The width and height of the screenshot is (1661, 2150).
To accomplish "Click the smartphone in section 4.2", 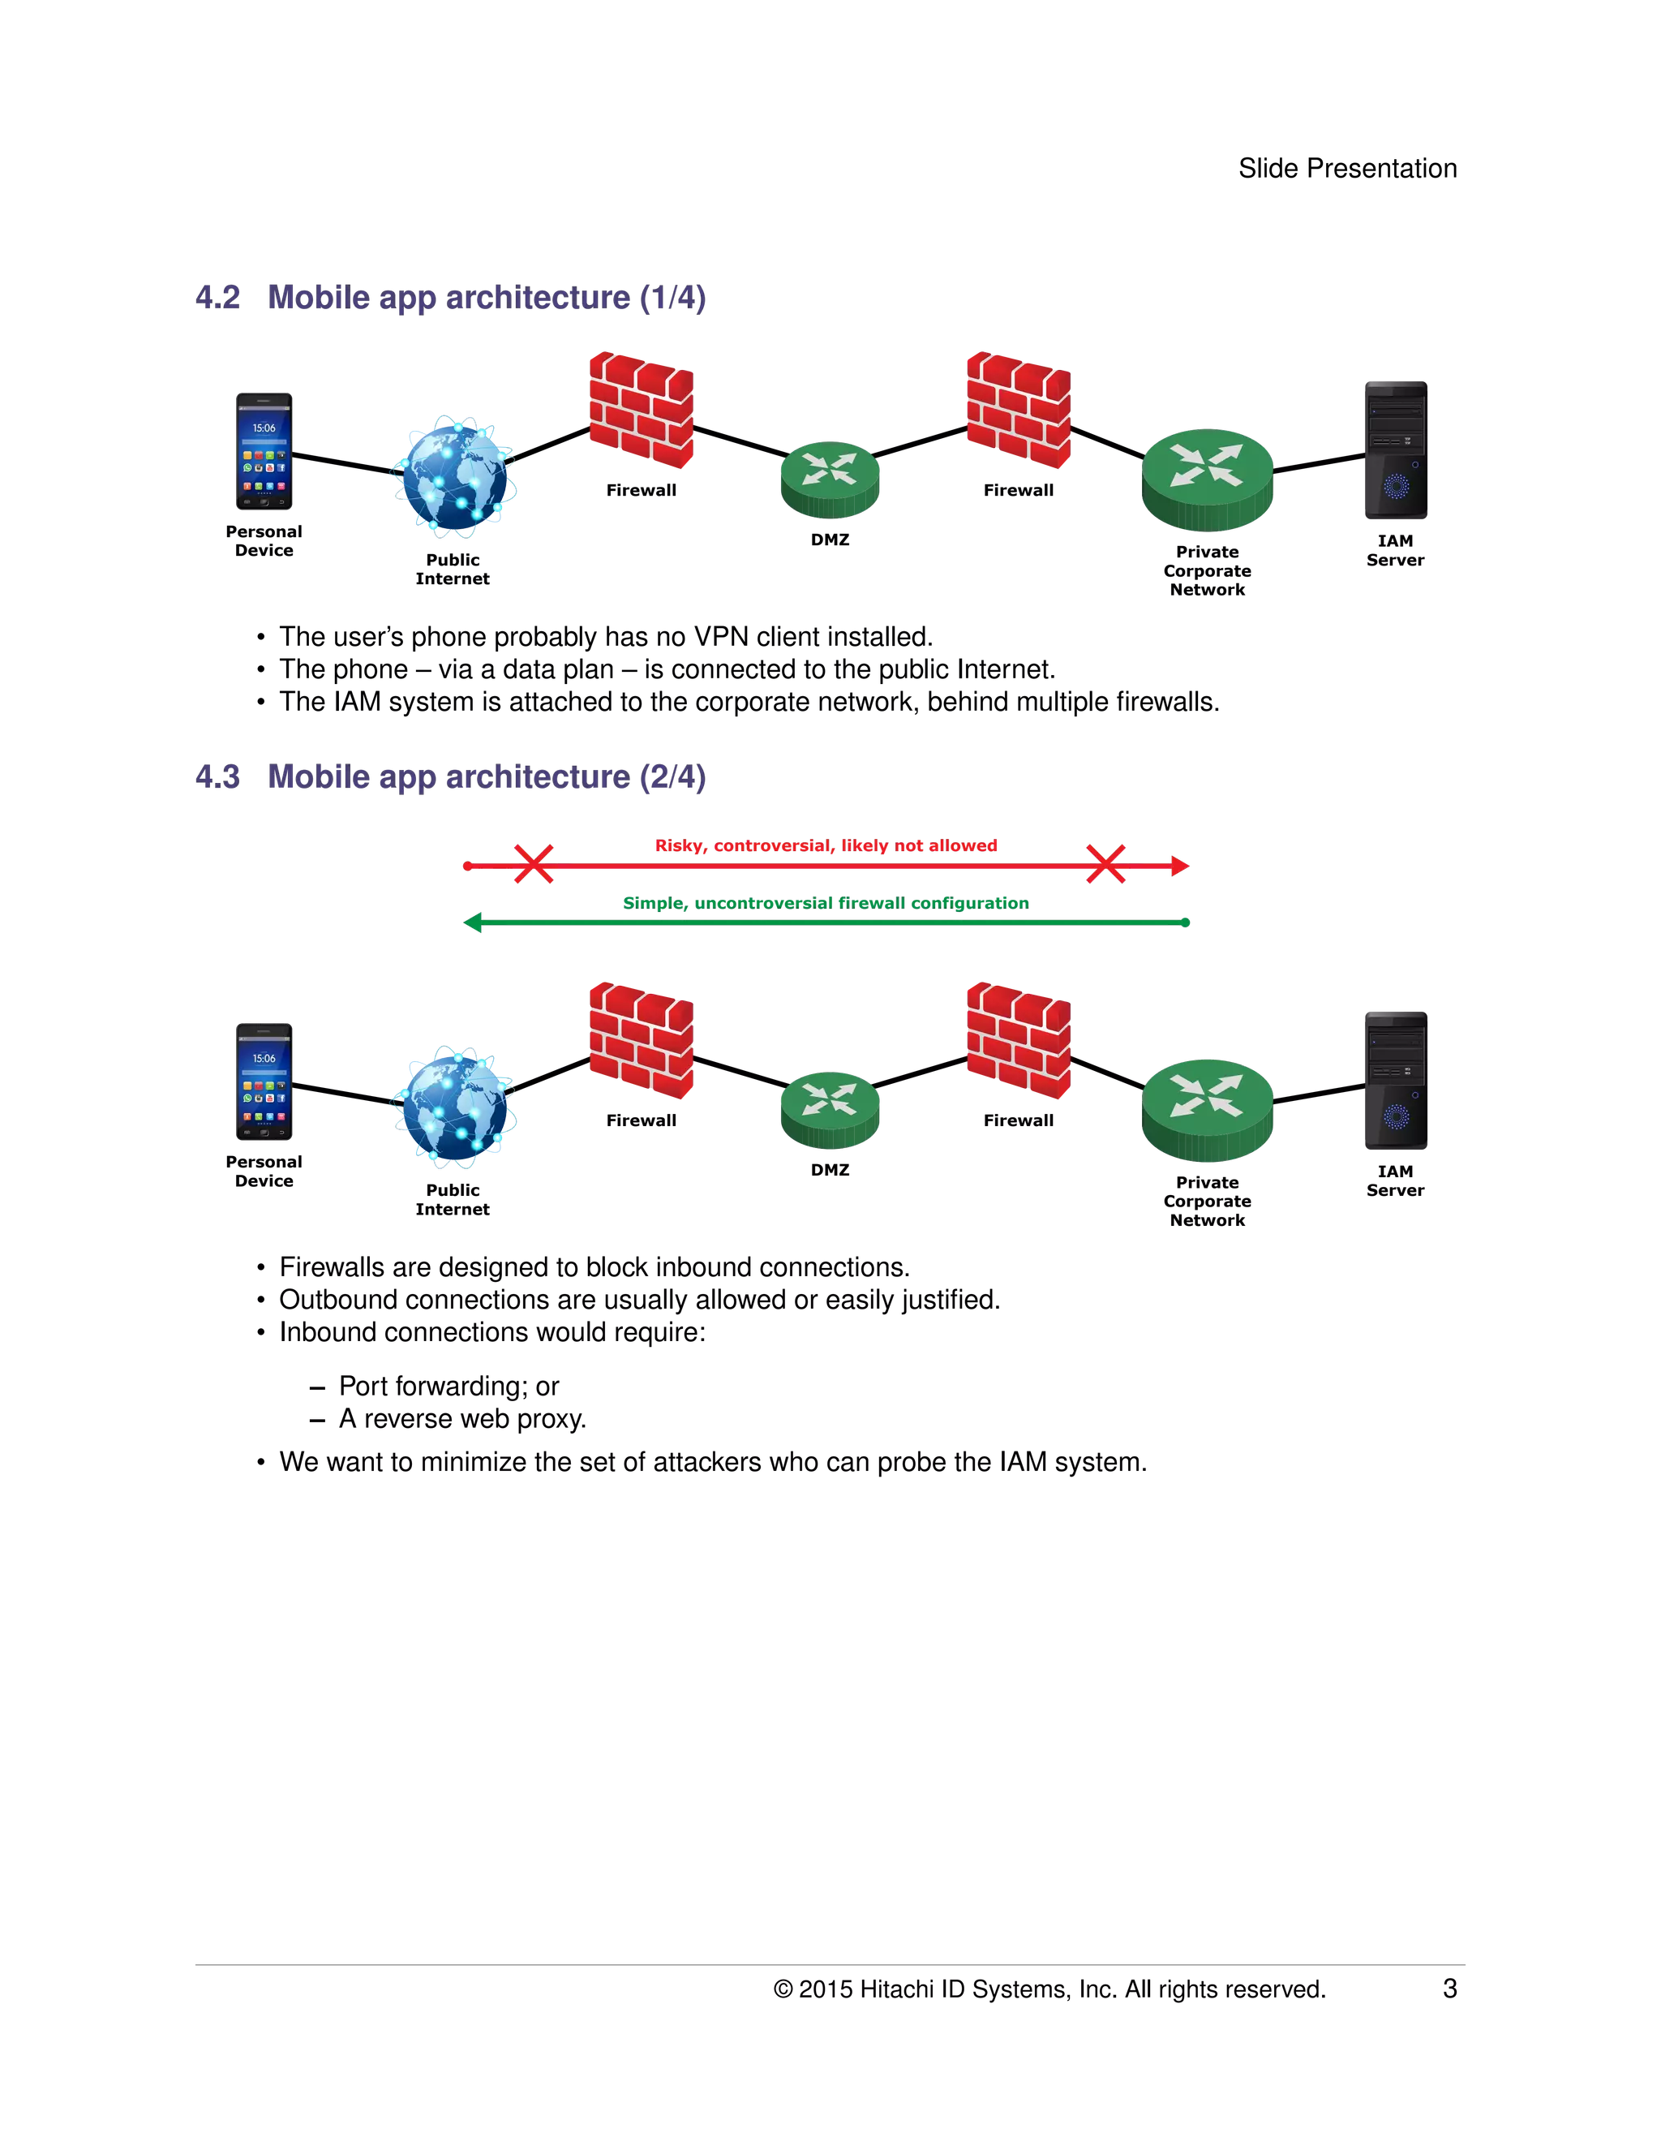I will coord(263,451).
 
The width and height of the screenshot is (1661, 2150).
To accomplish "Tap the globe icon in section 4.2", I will coord(453,476).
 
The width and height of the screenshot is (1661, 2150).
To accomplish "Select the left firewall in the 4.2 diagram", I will coord(641,410).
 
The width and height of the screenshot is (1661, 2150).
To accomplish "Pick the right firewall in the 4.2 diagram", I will coord(1018,410).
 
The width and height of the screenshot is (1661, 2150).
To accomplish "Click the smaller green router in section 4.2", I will coord(830,479).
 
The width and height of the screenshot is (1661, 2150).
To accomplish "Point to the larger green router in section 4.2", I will coord(1208,479).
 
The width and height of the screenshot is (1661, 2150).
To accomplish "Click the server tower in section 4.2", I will coord(1394,449).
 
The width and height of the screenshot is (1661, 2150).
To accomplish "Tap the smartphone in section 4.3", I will coord(263,1081).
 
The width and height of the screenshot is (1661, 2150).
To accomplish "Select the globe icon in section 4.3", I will coord(453,1107).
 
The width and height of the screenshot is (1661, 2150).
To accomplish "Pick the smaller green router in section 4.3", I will coord(830,1109).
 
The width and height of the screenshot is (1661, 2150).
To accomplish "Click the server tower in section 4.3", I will coord(1394,1079).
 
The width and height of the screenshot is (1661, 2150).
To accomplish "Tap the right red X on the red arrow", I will coord(1105,864).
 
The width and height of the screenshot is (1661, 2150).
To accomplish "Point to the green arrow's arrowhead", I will coord(472,922).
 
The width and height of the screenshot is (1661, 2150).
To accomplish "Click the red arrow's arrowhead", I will coord(1180,866).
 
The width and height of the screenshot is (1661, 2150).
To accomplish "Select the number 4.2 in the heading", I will coord(217,297).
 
